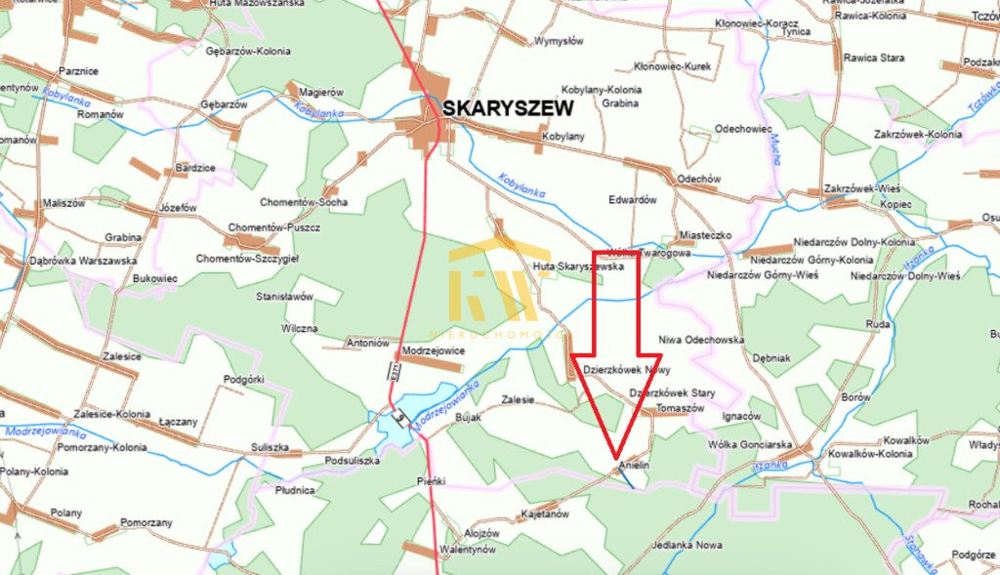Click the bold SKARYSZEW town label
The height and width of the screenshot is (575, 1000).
point(508,108)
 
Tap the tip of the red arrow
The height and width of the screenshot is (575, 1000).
point(616,455)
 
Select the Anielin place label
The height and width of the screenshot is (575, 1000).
point(634,468)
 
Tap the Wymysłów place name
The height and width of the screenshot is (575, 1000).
point(558,42)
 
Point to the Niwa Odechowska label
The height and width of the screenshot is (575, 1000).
point(701,340)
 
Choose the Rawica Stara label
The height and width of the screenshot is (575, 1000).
point(874,58)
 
